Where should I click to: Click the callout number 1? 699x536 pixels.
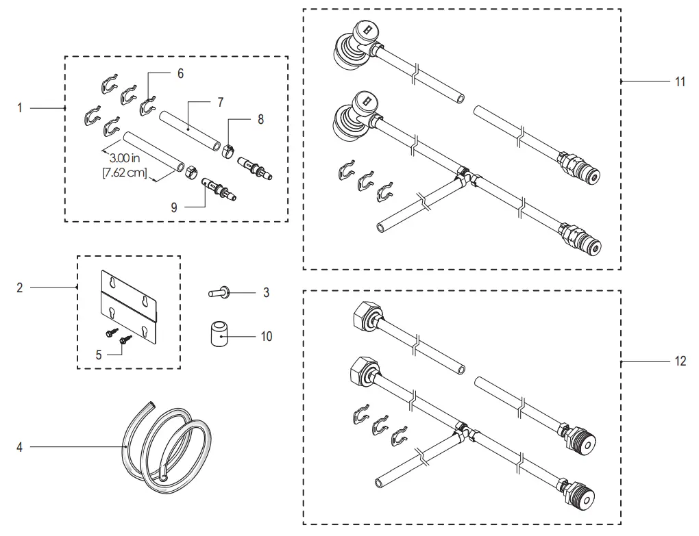(x=20, y=108)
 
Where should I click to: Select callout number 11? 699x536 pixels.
(x=680, y=81)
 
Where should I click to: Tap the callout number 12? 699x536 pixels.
(x=680, y=361)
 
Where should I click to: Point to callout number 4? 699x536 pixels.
(x=20, y=447)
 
